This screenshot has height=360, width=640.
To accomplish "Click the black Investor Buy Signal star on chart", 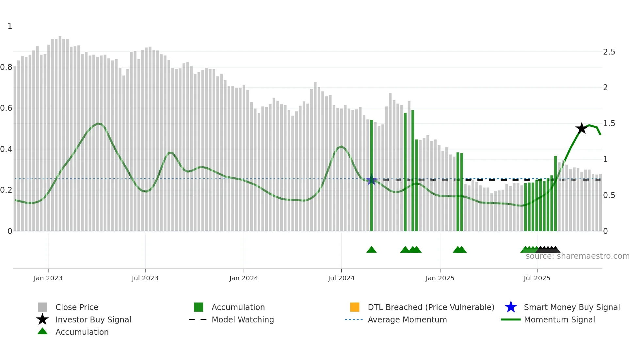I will point(581,128).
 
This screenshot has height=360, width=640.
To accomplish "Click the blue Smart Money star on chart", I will point(372,180).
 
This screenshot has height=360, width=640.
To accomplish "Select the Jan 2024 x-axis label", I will point(244,278).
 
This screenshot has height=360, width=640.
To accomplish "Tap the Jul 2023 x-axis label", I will point(145,278).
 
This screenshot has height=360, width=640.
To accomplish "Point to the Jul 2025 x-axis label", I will point(537,278).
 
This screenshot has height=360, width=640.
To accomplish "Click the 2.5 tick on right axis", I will point(609,52).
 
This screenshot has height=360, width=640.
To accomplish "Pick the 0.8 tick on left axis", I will point(7,67).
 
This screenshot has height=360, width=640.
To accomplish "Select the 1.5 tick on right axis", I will point(609,123).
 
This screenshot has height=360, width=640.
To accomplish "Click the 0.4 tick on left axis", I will point(7,149).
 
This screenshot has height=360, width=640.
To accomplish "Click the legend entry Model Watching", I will point(243,319).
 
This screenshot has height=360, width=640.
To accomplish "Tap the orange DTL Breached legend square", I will point(355,307).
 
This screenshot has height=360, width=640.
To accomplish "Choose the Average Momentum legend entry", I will point(407,319).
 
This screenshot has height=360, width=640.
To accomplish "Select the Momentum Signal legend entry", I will point(559,319).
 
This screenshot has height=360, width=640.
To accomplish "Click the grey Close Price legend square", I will point(42,307).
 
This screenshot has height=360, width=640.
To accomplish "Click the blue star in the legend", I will point(511,307).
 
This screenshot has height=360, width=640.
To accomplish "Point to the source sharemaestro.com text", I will point(577,256).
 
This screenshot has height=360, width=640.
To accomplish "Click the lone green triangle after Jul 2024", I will point(372,250).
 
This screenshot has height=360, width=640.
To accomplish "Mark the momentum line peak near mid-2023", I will point(99,123).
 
